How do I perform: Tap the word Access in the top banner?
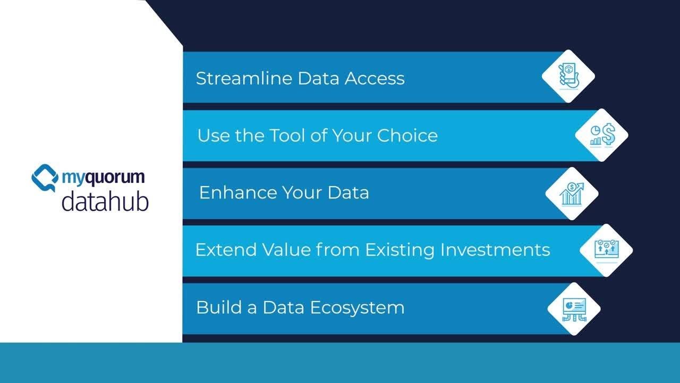(x=375, y=79)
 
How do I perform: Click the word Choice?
(x=407, y=136)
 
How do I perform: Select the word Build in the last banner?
(x=215, y=307)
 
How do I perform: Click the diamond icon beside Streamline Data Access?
(x=568, y=76)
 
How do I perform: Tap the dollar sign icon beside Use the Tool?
(x=602, y=135)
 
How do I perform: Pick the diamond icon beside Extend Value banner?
(x=606, y=250)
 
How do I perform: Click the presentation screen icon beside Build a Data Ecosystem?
(x=574, y=309)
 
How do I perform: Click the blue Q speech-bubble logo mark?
(x=45, y=178)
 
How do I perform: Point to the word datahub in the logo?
(x=105, y=202)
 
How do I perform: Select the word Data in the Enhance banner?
(x=348, y=193)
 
